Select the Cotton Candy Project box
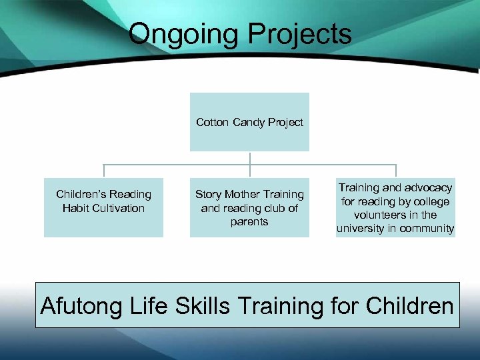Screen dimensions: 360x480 (x=249, y=122)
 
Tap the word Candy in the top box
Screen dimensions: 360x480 (x=251, y=122)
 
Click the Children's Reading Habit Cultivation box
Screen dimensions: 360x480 (x=103, y=207)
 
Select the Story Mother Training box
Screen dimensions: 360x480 (x=249, y=207)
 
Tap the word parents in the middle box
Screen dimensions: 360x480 (x=249, y=221)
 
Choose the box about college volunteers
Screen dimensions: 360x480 (x=395, y=207)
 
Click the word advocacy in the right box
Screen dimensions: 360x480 (x=427, y=188)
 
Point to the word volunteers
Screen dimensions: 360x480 (x=395, y=215)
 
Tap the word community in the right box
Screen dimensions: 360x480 (x=428, y=229)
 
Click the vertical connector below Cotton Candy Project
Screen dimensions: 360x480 (x=249, y=158)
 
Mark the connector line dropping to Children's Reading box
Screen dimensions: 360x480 (x=103, y=171)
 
